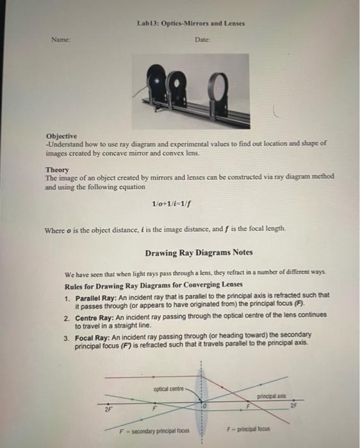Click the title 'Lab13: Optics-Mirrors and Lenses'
click(191, 24)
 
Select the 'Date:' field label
click(202, 40)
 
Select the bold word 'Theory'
click(57, 170)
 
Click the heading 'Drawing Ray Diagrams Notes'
click(191, 253)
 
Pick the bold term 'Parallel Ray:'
click(97, 296)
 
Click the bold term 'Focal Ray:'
click(94, 334)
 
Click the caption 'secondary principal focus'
click(162, 430)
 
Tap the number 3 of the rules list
click(67, 334)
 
